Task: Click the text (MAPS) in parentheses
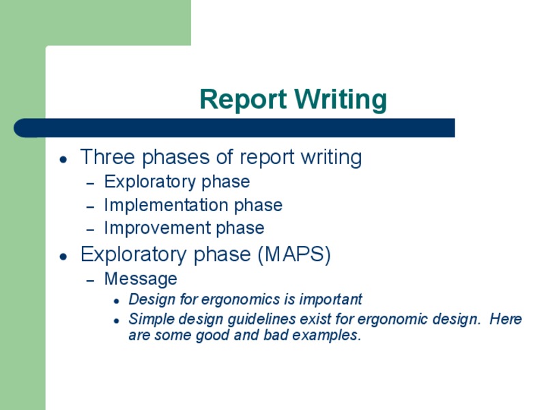294,255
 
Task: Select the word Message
141,279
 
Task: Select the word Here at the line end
505,320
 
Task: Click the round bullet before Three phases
63,159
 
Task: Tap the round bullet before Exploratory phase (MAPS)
63,256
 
